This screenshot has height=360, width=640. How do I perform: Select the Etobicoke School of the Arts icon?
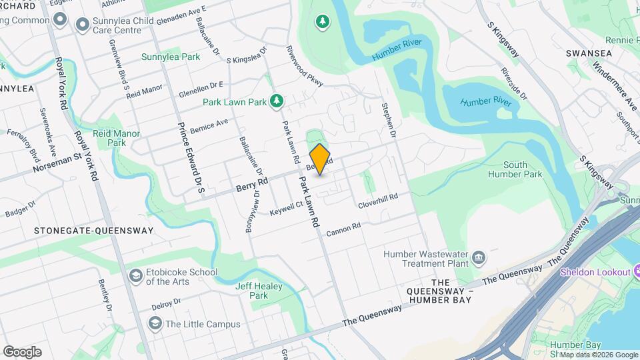pos(136,276)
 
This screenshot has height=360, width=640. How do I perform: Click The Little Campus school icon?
pos(155,324)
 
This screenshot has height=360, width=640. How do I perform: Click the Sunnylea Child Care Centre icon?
pos(83,25)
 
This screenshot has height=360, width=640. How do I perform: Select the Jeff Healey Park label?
pos(259,291)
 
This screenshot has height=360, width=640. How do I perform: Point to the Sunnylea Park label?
pos(171,57)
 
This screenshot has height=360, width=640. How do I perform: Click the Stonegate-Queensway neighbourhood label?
pos(93,231)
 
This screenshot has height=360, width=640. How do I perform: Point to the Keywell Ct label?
pos(287,209)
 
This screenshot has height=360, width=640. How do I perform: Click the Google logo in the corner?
pos(22,352)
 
